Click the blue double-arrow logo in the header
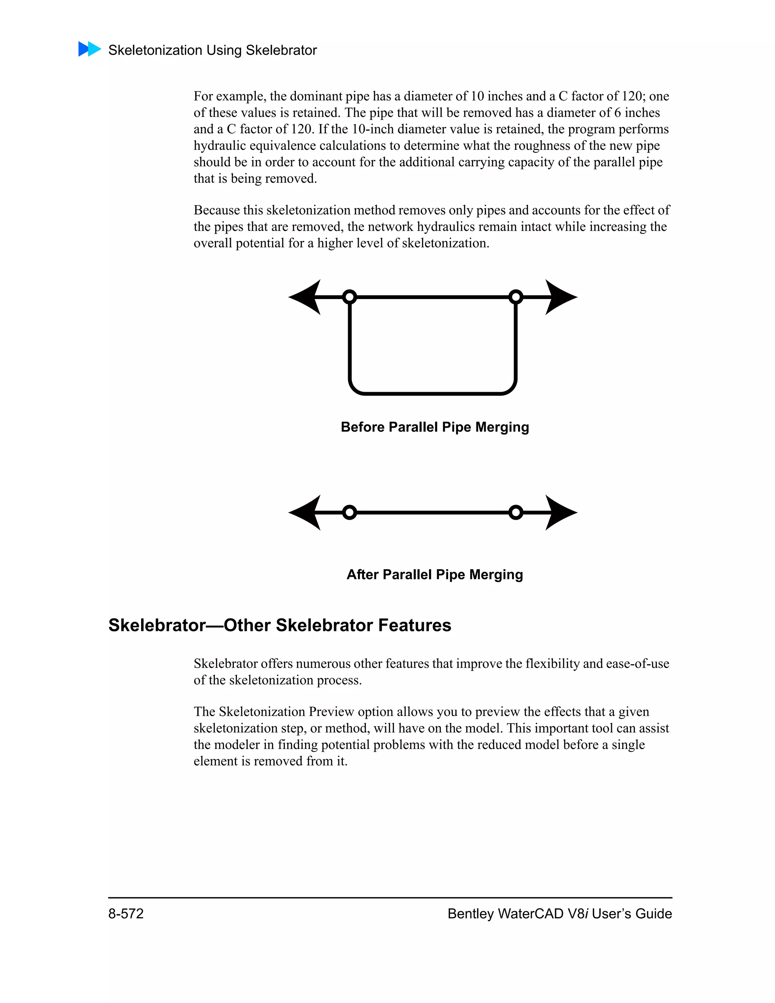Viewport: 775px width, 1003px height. tap(90, 49)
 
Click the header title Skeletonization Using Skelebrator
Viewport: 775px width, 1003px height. tap(212, 50)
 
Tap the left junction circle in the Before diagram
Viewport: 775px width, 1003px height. tap(349, 297)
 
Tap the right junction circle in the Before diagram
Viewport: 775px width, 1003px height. tap(516, 297)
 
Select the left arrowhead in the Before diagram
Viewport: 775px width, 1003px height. tap(306, 297)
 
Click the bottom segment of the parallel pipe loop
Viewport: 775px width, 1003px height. tap(433, 393)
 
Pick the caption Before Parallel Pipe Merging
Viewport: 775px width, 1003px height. tap(434, 427)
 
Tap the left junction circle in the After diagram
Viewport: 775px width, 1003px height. tap(349, 512)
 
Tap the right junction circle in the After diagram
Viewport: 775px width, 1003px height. tap(516, 512)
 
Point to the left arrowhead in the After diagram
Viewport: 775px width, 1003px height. tap(306, 512)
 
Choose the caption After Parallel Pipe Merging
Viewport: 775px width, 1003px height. tap(434, 575)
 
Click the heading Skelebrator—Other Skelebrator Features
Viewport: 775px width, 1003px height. tap(280, 626)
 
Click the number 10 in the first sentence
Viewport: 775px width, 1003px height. tap(477, 96)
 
